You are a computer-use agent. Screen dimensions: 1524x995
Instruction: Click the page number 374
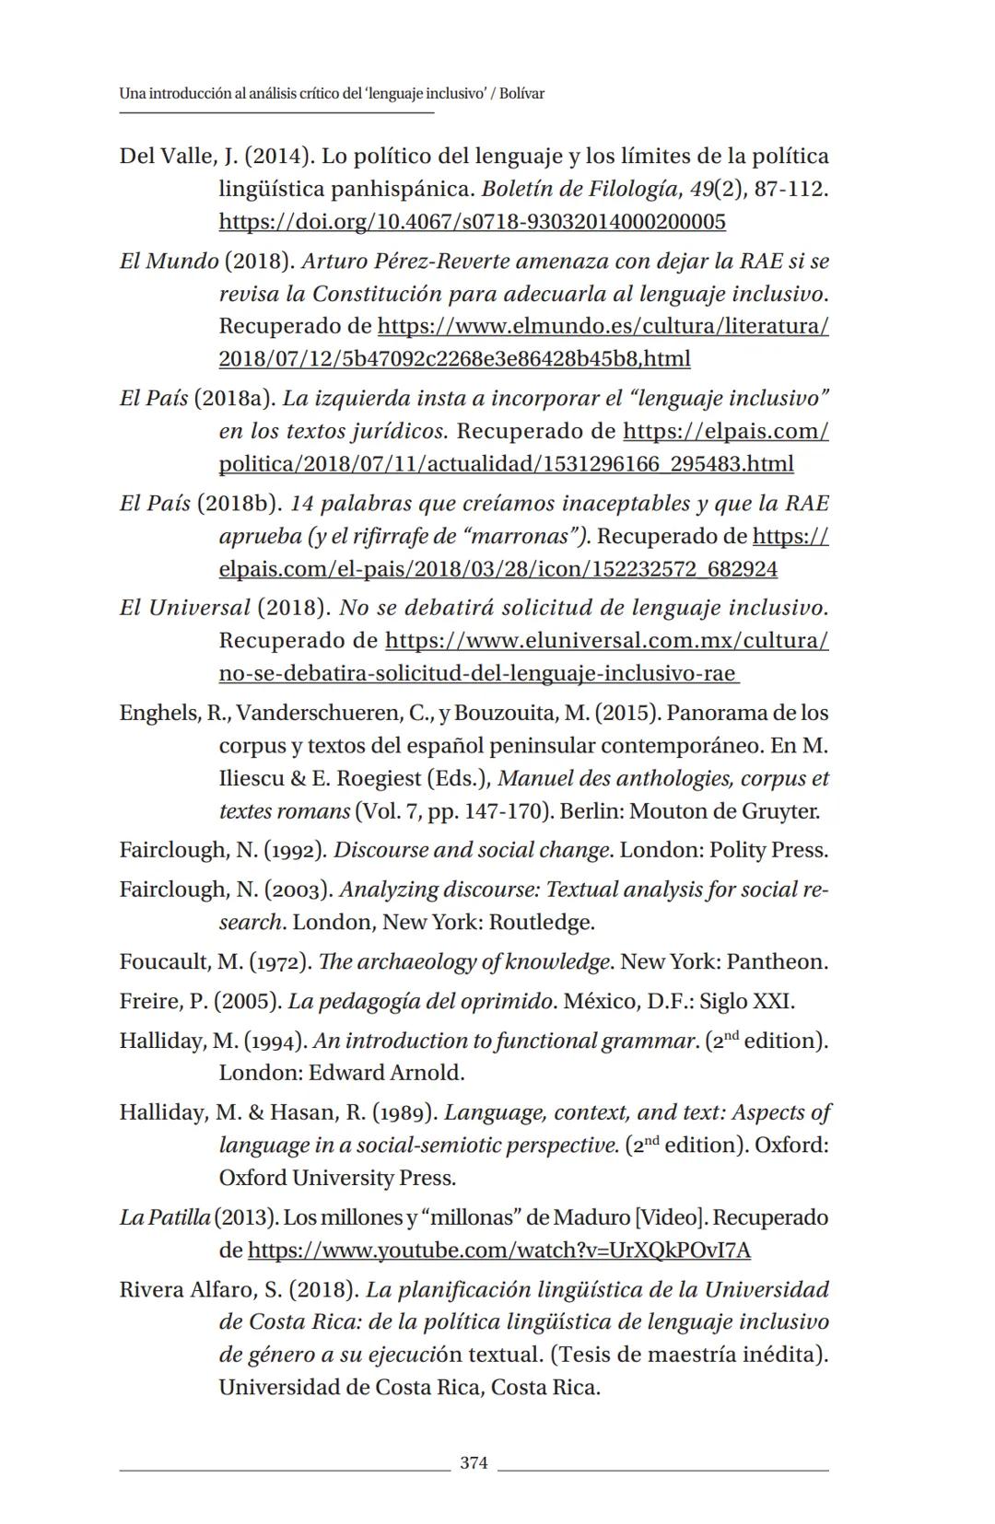click(x=474, y=1463)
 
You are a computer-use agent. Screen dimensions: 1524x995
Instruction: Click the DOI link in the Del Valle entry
click(x=472, y=222)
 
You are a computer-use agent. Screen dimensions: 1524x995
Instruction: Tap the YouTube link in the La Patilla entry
click(x=499, y=1251)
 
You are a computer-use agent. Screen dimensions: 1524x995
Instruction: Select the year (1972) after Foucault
click(x=279, y=962)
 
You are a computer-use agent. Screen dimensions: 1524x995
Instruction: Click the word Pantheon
click(x=776, y=962)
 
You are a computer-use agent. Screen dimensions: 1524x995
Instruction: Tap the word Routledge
click(x=541, y=923)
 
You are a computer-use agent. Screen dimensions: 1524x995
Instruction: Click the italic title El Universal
click(x=184, y=609)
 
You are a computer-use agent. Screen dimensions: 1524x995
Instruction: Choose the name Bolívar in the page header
click(x=521, y=94)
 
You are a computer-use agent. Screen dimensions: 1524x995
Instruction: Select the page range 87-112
click(x=789, y=190)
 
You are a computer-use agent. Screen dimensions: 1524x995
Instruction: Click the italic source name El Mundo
click(x=169, y=262)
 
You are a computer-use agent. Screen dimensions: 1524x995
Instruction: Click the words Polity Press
click(x=767, y=850)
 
